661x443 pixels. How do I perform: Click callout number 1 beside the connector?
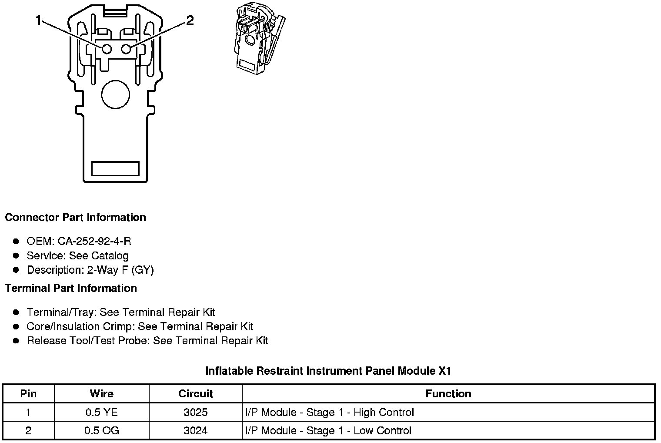pyautogui.click(x=39, y=20)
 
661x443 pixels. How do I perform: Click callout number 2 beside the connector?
pyautogui.click(x=190, y=20)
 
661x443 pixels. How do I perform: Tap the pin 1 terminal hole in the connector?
pyautogui.click(x=107, y=49)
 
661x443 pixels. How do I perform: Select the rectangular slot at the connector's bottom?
pyautogui.click(x=115, y=168)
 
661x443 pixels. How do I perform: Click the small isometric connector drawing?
pyautogui.click(x=259, y=39)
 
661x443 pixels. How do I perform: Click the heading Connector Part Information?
pyautogui.click(x=75, y=217)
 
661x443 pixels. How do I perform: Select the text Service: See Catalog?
pyautogui.click(x=77, y=255)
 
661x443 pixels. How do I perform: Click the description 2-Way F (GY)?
pyautogui.click(x=120, y=270)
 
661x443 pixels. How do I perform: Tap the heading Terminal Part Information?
pyautogui.click(x=71, y=288)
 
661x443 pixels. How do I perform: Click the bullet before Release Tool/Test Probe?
pyautogui.click(x=16, y=341)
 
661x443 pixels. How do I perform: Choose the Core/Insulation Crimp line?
pyautogui.click(x=140, y=326)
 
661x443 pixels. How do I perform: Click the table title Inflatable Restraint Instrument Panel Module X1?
pyautogui.click(x=328, y=371)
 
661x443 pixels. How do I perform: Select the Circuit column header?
pyautogui.click(x=195, y=394)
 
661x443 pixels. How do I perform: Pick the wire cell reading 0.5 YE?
pyautogui.click(x=101, y=412)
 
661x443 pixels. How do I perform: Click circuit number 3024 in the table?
pyautogui.click(x=195, y=430)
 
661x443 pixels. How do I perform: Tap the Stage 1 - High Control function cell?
pyautogui.click(x=330, y=412)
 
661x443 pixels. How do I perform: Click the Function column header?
pyautogui.click(x=448, y=394)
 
